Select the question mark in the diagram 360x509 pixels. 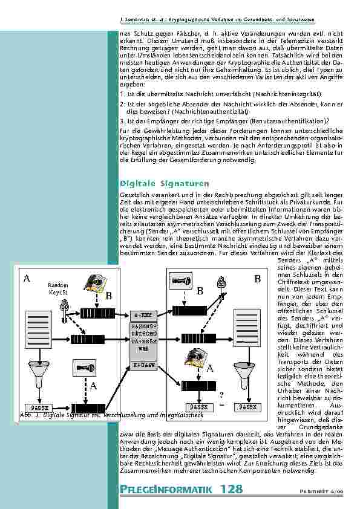click(x=221, y=395)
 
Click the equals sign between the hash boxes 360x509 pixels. click(x=221, y=406)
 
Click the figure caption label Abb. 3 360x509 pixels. click(x=24, y=415)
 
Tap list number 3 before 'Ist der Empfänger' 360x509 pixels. click(x=122, y=120)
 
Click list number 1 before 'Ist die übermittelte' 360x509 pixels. click(x=122, y=94)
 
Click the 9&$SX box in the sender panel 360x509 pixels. click(x=38, y=406)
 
